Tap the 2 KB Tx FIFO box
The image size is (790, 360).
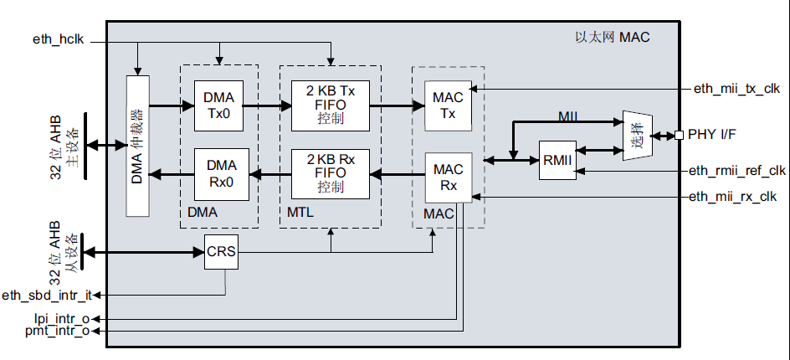(331, 105)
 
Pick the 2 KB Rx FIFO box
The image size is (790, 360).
(331, 174)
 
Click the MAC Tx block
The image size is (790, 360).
(448, 105)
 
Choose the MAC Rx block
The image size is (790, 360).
(448, 177)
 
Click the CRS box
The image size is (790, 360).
(221, 252)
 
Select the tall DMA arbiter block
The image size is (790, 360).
(137, 147)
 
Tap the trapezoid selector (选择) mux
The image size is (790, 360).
(638, 135)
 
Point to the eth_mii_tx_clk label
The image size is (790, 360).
(736, 89)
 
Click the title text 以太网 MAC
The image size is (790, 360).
(612, 38)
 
